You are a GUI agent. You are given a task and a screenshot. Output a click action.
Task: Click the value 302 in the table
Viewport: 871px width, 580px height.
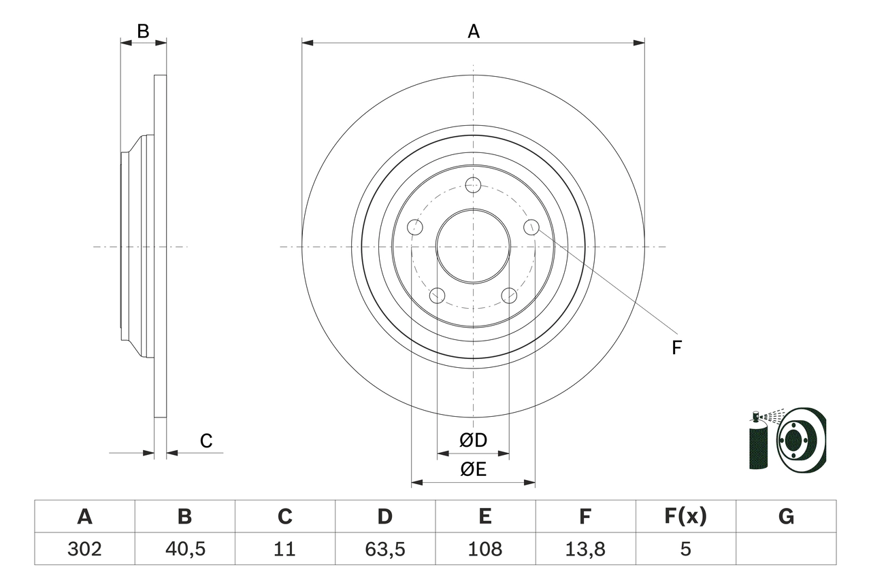pyautogui.click(x=84, y=549)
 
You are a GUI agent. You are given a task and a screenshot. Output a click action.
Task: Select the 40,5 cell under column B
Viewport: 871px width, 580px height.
pyautogui.click(x=184, y=549)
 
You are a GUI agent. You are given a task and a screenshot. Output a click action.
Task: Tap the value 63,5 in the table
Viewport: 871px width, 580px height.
pyautogui.click(x=384, y=549)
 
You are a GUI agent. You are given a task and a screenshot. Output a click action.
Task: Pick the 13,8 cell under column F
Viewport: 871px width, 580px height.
pyautogui.click(x=585, y=549)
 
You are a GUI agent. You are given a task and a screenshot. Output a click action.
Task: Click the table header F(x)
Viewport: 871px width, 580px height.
pyautogui.click(x=685, y=517)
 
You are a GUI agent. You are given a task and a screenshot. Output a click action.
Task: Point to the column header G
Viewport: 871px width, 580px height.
pyautogui.click(x=786, y=517)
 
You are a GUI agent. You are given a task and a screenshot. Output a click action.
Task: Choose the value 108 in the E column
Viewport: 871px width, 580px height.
pyautogui.click(x=484, y=549)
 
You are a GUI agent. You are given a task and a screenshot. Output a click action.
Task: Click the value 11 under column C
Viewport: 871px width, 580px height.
pyautogui.click(x=284, y=549)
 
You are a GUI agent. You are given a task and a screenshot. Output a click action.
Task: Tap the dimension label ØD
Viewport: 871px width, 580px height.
pyautogui.click(x=473, y=441)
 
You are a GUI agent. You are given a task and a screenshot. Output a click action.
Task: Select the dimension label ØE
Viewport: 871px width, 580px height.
pyautogui.click(x=473, y=469)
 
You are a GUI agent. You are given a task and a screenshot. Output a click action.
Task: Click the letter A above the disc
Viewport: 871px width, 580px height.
pyautogui.click(x=473, y=31)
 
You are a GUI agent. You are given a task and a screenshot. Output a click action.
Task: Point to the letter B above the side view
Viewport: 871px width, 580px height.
pyautogui.click(x=143, y=31)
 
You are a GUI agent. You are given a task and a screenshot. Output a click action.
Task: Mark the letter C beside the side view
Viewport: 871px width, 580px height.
pyautogui.click(x=206, y=441)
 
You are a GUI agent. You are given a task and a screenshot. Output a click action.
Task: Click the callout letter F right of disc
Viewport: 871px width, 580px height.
pyautogui.click(x=676, y=348)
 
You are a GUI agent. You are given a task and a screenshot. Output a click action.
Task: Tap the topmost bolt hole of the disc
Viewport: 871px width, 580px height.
pyautogui.click(x=473, y=184)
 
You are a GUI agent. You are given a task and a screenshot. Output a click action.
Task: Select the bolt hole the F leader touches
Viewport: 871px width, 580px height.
pyautogui.click(x=531, y=227)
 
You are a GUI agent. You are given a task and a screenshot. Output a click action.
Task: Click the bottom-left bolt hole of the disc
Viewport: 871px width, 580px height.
pyautogui.click(x=437, y=295)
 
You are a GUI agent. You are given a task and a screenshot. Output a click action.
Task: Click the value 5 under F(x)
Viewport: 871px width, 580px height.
pyautogui.click(x=685, y=549)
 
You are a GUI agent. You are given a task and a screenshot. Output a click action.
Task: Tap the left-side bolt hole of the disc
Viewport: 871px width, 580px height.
pyautogui.click(x=415, y=227)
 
